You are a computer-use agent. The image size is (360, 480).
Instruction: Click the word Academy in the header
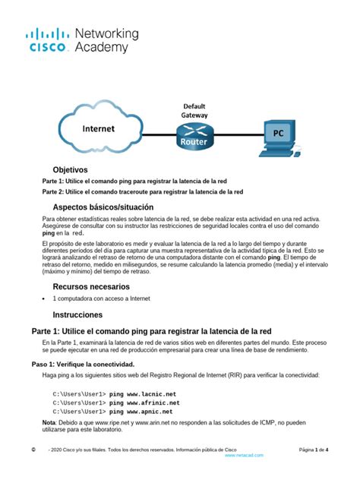click(101, 47)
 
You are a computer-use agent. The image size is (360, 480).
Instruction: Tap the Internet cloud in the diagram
click(98, 130)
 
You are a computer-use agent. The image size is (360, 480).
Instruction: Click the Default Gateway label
click(194, 110)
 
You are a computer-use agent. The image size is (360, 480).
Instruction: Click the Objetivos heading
click(70, 169)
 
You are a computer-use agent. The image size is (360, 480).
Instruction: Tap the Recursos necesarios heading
click(95, 286)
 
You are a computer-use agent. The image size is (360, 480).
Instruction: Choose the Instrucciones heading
click(77, 314)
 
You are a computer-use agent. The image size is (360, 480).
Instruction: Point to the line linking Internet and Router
click(153, 134)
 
